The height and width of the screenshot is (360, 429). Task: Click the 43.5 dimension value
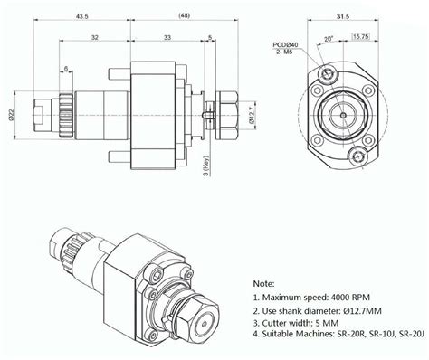coord(81,16)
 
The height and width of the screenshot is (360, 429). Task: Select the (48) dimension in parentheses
coord(184,15)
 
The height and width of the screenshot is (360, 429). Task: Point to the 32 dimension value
coord(95,38)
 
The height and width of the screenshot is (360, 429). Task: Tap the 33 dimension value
coord(167,38)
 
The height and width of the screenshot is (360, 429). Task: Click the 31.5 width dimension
coord(343,16)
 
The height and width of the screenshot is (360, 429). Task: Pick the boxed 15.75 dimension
coord(361,37)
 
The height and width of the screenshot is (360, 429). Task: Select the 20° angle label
coord(329,39)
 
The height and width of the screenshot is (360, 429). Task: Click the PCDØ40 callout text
coord(285,45)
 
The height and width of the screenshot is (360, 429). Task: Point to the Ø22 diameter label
coord(11,116)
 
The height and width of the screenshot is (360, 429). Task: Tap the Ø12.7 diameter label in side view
coord(253,116)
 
